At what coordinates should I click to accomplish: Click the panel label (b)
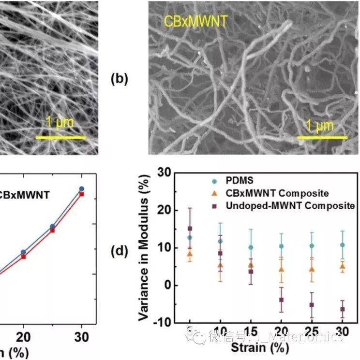point(120,79)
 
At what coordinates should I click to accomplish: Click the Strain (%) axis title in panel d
point(254,347)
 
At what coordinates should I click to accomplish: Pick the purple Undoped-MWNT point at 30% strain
point(342,309)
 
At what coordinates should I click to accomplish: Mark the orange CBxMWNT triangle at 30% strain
point(342,266)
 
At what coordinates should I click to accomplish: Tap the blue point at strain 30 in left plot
point(82,188)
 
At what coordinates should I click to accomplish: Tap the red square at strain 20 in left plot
point(23,257)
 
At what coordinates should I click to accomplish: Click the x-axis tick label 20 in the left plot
point(23,337)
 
